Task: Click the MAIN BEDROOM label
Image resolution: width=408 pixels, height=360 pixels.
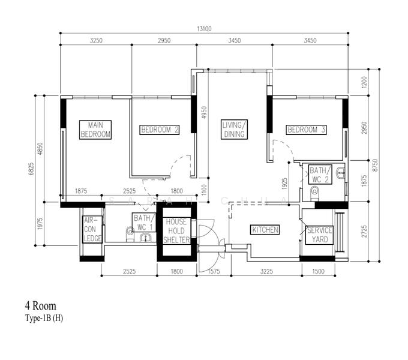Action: pos(96,130)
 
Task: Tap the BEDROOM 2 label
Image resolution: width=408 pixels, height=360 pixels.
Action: pos(160,130)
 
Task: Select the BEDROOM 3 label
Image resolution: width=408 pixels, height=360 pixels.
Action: pos(306,130)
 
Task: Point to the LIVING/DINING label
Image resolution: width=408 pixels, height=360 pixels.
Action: pos(233,130)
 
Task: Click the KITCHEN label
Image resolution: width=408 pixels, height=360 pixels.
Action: pos(265,230)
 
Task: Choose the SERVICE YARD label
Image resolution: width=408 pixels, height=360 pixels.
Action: pos(319,235)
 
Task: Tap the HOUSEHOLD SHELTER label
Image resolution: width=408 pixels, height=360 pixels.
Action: pos(176,230)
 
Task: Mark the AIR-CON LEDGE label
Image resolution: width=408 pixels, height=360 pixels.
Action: pos(92,229)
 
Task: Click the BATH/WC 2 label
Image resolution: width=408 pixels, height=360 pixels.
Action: pos(319,175)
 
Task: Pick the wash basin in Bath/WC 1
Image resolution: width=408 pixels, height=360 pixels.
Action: pos(145,238)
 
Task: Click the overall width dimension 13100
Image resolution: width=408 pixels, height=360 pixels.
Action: pos(205,29)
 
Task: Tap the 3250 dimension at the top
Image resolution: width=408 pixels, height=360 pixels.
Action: pos(96,41)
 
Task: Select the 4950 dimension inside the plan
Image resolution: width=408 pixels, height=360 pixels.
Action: pos(204,113)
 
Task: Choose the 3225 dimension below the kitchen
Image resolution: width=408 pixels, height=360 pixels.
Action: pos(265,271)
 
